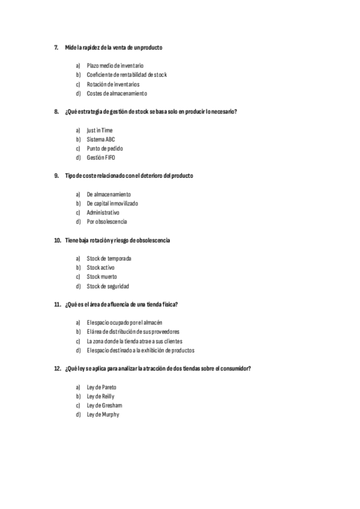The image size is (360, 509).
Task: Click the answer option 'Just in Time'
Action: [x=100, y=130]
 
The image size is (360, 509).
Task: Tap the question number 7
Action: [x=56, y=47]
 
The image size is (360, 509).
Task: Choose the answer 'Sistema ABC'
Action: [x=101, y=139]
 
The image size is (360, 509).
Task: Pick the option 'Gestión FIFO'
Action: [x=101, y=157]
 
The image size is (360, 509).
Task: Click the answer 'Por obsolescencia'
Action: [x=107, y=221]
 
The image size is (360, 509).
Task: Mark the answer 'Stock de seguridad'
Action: [x=107, y=286]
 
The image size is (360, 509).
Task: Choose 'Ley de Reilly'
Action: [x=100, y=396]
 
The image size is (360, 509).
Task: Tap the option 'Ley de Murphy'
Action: [x=103, y=414]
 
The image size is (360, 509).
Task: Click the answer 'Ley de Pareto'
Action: [x=101, y=387]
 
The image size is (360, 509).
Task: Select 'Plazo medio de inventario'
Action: [x=115, y=65]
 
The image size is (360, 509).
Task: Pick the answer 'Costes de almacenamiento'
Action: [x=116, y=93]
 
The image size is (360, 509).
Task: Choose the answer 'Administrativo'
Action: [x=103, y=212]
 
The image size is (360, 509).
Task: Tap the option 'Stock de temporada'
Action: [x=109, y=258]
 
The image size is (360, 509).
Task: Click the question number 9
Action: [x=56, y=175]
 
